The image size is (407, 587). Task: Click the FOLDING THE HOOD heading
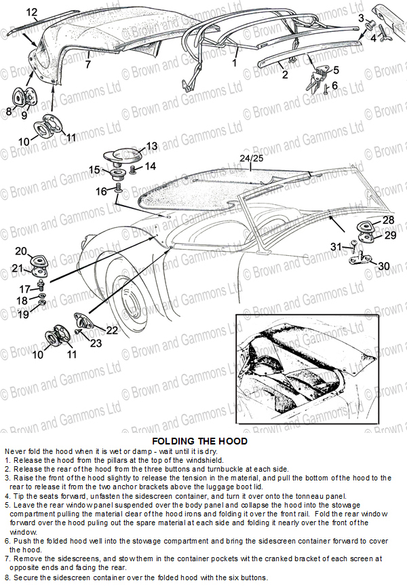pos(199,441)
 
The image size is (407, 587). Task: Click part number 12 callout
pos(32,12)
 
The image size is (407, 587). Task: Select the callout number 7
pos(88,65)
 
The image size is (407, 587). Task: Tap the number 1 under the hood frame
pos(234,62)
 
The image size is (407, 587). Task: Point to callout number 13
pos(151,146)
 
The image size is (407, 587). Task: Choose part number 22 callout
pos(111,330)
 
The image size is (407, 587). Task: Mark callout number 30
pos(383,266)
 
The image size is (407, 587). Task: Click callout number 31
pos(336,246)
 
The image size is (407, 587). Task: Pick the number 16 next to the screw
pos(101,192)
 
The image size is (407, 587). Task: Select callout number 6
pos(334,86)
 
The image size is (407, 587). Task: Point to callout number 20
pos(21,252)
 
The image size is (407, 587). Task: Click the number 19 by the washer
pos(22,314)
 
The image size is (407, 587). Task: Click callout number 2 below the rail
pos(285,75)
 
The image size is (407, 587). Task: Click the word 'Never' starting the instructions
pos(17,451)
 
